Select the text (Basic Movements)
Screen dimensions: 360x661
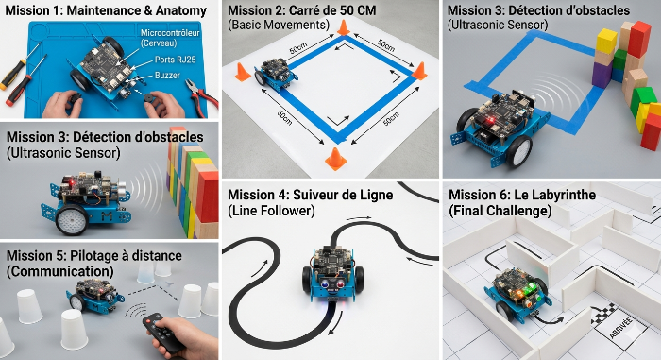pos(275,25)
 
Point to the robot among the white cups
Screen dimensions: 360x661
pos(93,296)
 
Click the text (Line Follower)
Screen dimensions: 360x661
pos(272,213)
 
